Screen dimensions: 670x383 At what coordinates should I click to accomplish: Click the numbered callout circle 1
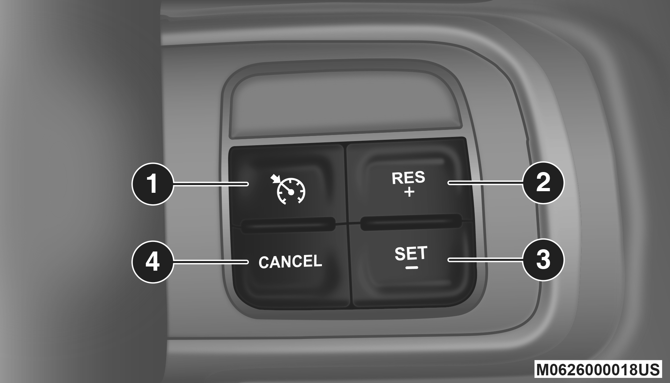pos(153,184)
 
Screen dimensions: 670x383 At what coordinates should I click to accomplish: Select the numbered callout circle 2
pos(543,183)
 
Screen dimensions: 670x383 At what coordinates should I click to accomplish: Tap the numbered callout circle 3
pos(543,260)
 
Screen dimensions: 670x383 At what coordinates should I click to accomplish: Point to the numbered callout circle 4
pos(153,262)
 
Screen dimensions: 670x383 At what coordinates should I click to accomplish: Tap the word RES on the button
pos(408,178)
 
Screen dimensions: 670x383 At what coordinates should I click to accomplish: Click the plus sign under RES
pos(409,192)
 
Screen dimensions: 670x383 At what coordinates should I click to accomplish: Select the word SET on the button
pos(411,253)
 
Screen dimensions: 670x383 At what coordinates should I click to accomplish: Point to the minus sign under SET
pos(412,267)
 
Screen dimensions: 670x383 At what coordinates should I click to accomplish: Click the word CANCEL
pos(290,262)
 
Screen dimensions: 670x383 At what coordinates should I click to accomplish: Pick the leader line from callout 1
pos(211,184)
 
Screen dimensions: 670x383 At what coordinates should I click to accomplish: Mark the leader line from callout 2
pos(485,183)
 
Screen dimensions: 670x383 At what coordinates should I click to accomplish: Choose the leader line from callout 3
pos(485,260)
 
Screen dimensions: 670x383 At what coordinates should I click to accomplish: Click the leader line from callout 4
pos(211,262)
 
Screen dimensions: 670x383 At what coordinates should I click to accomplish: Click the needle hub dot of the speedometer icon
pos(291,192)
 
